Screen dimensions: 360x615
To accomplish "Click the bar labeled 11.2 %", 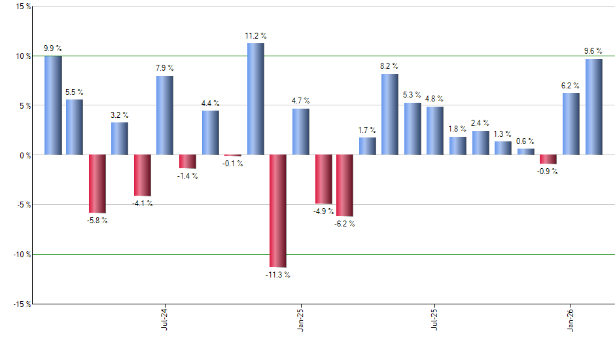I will click(x=255, y=99).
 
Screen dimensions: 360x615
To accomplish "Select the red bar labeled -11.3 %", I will click(x=278, y=211).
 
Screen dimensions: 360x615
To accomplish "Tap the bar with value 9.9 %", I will click(x=53, y=105).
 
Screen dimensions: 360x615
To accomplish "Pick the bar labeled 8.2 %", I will click(x=390, y=115).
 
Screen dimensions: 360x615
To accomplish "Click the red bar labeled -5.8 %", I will click(x=97, y=184).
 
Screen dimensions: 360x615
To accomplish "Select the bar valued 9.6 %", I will click(x=594, y=107).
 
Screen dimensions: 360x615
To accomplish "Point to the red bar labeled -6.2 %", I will click(x=345, y=185).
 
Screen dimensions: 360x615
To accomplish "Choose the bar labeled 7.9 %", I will click(x=165, y=115).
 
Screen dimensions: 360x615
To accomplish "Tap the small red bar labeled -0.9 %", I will click(x=548, y=159).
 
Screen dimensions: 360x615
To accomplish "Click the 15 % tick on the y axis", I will click(x=22, y=7).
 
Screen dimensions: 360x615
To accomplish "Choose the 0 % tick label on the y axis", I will click(x=24, y=155).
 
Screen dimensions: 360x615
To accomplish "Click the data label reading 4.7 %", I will click(x=301, y=101).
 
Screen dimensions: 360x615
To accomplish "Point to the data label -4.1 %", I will click(x=143, y=204).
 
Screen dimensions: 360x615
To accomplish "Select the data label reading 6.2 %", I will click(x=571, y=85).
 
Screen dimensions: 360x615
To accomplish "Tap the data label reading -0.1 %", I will click(x=232, y=164).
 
